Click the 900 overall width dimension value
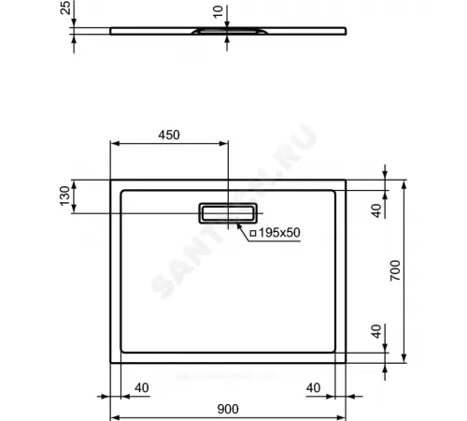tap(227, 409)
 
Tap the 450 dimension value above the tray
tap(168, 135)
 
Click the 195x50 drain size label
tap(279, 232)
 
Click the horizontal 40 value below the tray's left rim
tap(142, 387)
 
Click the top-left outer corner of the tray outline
tap(111, 181)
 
